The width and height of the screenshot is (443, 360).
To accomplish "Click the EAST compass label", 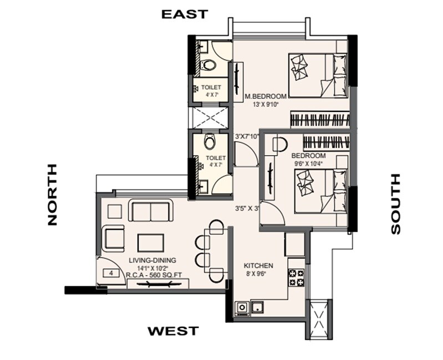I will tap(185, 14).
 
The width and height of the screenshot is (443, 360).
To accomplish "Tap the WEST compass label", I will tap(172, 331).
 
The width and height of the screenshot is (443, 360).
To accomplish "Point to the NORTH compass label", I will tap(52, 194).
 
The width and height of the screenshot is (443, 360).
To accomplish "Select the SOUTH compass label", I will tap(395, 204).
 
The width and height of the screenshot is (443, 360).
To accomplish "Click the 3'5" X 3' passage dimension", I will tap(247, 209).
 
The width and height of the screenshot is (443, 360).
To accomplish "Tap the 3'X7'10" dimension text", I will tap(248, 136).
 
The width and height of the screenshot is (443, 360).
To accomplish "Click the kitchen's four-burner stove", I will tap(295, 277).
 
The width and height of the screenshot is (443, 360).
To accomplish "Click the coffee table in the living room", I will tap(150, 242).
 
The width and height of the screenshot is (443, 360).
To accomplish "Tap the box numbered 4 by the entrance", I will tap(111, 273).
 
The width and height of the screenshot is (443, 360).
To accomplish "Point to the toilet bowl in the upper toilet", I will tap(209, 65).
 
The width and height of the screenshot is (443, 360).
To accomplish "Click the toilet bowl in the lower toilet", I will tap(209, 142).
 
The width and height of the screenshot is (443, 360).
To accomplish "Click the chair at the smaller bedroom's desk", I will tap(279, 145).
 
